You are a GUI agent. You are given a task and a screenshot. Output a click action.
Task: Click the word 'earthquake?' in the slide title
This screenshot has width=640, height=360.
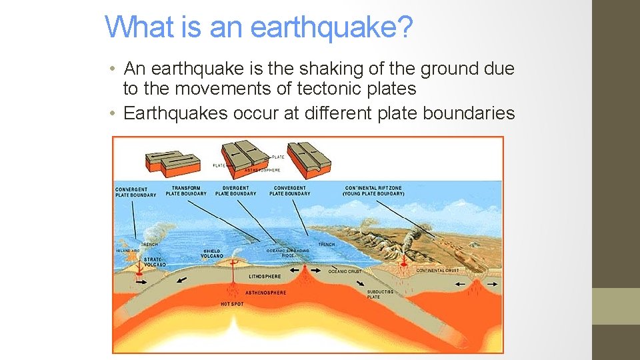pyautogui.click(x=332, y=28)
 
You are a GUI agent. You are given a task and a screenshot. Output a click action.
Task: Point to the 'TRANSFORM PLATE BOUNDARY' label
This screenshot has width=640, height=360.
pyautogui.click(x=186, y=191)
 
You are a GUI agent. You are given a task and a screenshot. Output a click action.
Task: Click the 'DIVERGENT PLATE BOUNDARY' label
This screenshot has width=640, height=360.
pyautogui.click(x=235, y=191)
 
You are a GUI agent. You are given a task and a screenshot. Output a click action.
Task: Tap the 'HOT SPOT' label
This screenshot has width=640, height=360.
pyautogui.click(x=232, y=304)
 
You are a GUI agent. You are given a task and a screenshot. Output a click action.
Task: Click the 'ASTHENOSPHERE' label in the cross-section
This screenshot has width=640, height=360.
pyautogui.click(x=267, y=293)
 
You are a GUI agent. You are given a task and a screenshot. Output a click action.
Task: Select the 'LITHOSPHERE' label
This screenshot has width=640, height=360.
pyautogui.click(x=265, y=276)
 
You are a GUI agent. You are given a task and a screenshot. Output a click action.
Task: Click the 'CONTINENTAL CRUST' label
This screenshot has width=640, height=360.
pyautogui.click(x=437, y=271)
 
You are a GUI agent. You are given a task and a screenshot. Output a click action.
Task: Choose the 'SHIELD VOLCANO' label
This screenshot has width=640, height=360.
pyautogui.click(x=212, y=253)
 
